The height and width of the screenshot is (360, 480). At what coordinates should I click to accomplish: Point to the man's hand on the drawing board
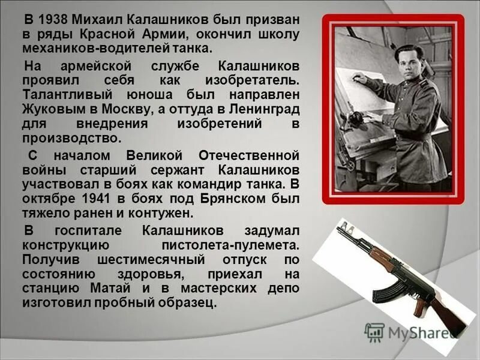358,78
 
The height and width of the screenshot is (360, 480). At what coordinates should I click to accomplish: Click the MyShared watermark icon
374,332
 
